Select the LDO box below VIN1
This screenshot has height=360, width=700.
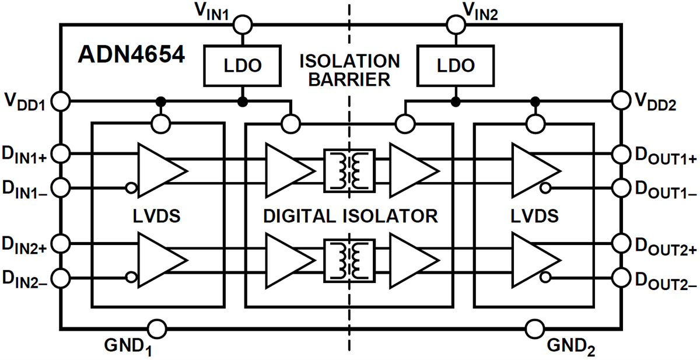tap(242, 65)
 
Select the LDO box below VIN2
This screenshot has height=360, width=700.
tap(455, 65)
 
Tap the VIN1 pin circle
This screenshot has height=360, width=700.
tap(242, 25)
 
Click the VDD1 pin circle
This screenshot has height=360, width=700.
tap(61, 101)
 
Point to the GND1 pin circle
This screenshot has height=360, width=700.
tap(156, 328)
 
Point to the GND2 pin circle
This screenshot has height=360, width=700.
tap(533, 328)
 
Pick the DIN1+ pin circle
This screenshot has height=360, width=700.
tap(61, 154)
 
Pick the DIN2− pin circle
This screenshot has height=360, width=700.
tap(61, 277)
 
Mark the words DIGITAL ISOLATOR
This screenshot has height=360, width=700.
tap(350, 216)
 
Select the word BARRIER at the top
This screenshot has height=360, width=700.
tap(349, 80)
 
